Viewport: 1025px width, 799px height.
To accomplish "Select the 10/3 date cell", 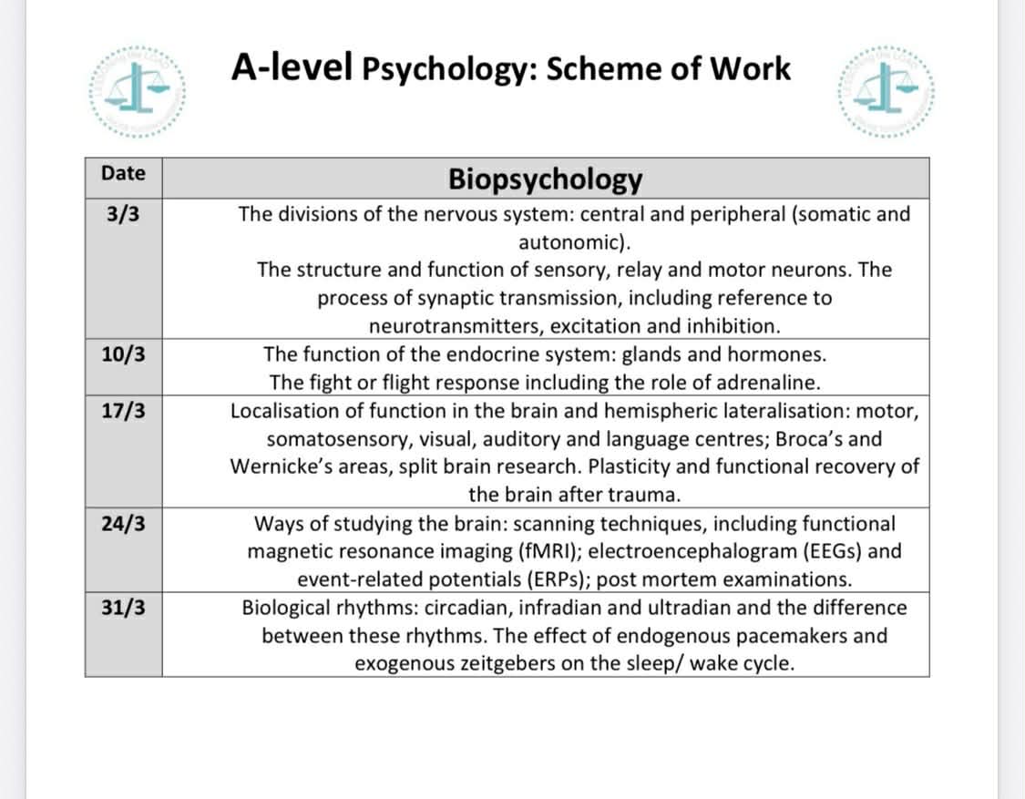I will pos(123,355).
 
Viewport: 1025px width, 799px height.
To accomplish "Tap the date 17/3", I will pos(123,412).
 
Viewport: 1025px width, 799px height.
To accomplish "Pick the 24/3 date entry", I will pos(123,525).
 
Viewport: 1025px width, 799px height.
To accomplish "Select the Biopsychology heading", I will pos(545,179).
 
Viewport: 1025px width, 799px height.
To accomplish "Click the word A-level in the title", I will pos(291,67).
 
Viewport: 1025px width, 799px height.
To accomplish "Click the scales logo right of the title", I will pos(882,95).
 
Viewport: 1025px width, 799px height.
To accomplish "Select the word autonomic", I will pos(570,242).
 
